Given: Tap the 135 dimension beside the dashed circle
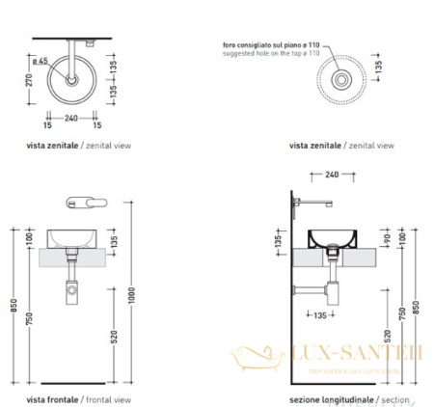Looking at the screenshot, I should click(378, 69).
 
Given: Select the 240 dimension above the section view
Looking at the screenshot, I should click(331, 176).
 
